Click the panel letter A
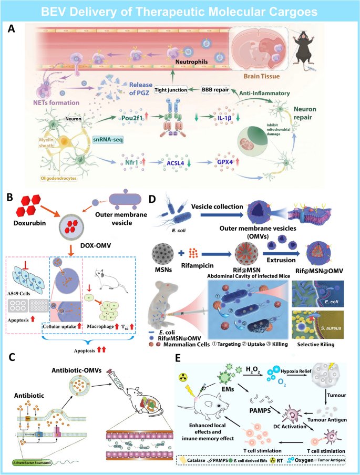click(11, 29)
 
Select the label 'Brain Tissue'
click(260, 84)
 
